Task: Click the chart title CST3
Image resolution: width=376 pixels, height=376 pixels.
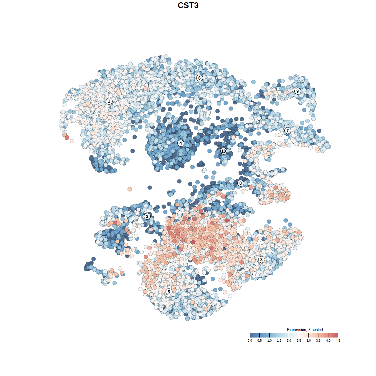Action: tap(188, 5)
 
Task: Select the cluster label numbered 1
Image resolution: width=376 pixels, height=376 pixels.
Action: tap(109, 101)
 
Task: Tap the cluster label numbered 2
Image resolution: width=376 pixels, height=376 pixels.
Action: tap(147, 216)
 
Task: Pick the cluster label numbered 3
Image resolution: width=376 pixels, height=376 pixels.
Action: tap(261, 259)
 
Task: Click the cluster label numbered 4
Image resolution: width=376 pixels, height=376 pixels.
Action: tap(181, 143)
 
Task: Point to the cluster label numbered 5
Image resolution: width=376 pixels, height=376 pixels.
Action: tap(169, 292)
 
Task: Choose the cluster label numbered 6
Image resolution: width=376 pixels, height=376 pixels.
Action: tap(199, 78)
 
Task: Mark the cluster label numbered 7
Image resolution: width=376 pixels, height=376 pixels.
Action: tap(288, 130)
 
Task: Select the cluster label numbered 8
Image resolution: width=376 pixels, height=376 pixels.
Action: tap(241, 183)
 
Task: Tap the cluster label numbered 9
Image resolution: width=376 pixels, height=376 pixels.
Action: tap(298, 91)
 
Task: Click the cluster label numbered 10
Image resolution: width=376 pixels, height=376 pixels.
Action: tap(224, 151)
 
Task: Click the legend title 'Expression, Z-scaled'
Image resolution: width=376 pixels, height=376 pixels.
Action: tap(305, 330)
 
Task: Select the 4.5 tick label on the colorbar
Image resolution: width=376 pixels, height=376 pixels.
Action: tap(338, 340)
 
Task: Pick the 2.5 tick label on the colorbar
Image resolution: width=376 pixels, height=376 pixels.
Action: tap(299, 340)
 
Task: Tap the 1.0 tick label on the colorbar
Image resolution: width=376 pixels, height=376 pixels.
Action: tap(269, 340)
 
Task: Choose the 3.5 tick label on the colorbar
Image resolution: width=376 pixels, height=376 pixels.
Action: tap(318, 340)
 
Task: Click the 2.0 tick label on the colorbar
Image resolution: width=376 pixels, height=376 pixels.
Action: tap(289, 340)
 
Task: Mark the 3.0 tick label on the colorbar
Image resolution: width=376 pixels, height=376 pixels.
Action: tap(308, 340)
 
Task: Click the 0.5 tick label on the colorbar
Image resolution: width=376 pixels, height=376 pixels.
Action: tap(260, 340)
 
